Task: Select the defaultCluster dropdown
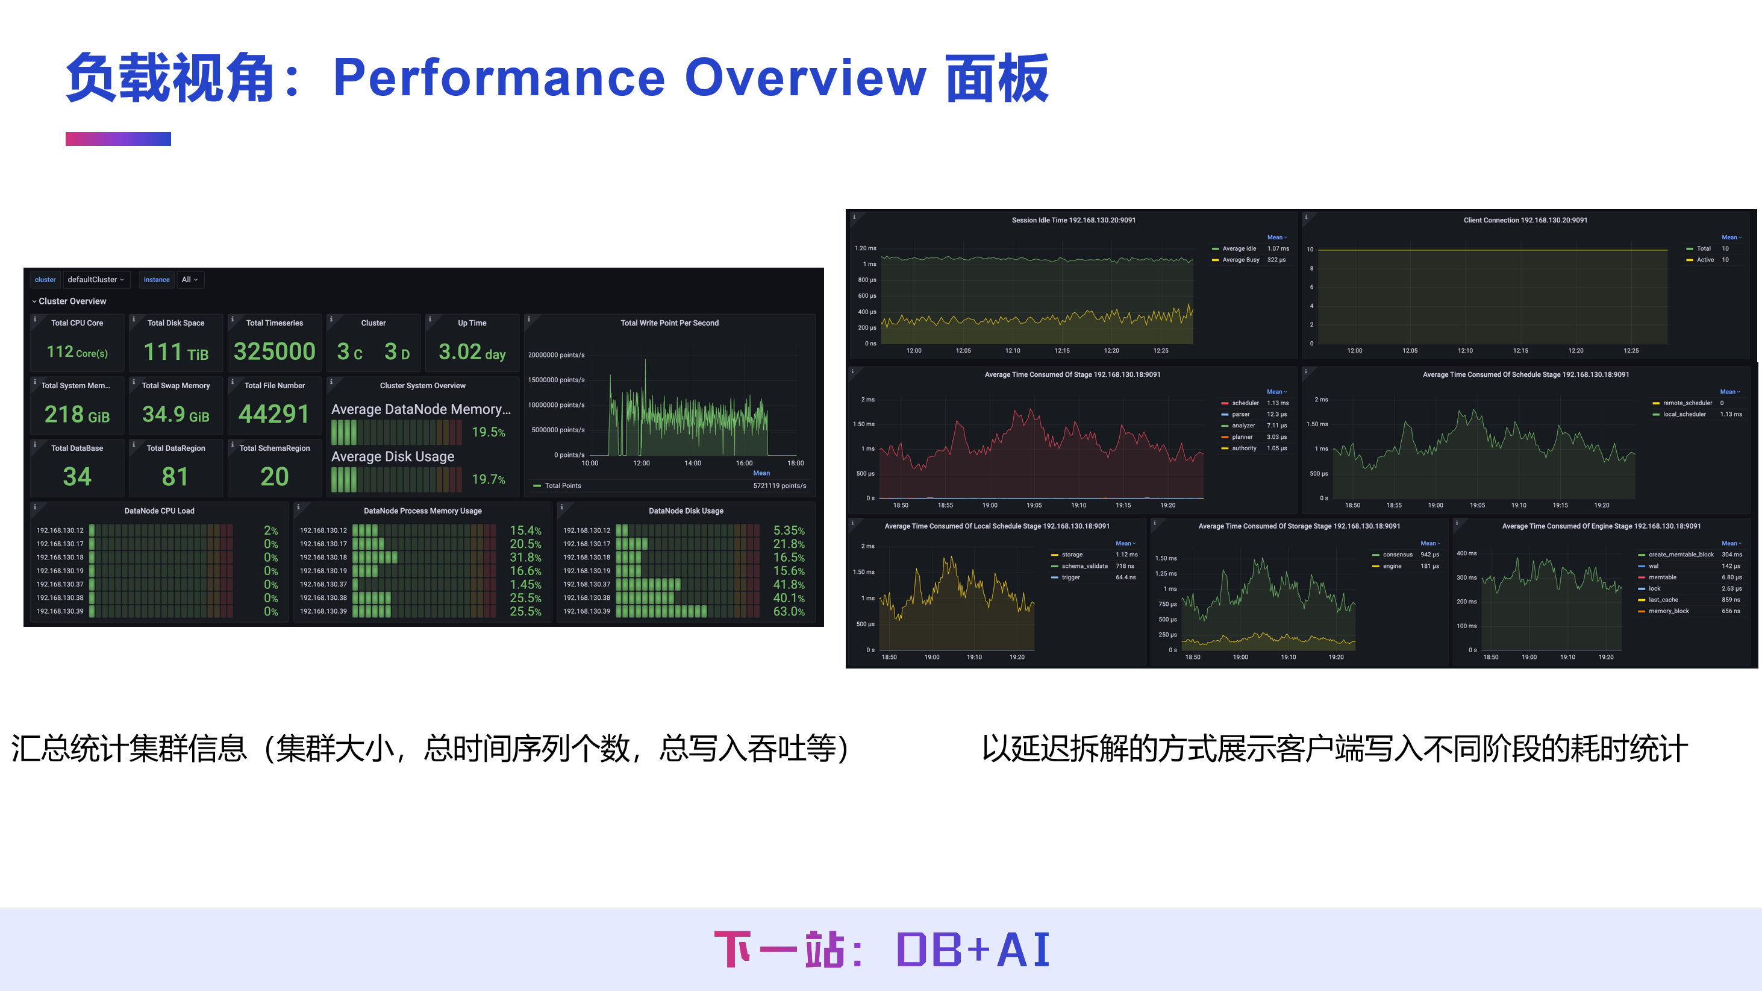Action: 96,279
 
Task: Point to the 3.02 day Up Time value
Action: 472,352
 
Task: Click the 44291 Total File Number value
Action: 273,414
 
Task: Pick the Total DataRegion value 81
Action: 175,476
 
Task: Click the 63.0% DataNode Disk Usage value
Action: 788,611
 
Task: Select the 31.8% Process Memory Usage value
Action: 525,557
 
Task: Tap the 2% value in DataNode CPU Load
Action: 271,530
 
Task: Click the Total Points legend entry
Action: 562,485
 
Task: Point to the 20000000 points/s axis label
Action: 556,354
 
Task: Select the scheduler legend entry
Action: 1245,403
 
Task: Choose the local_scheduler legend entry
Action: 1684,414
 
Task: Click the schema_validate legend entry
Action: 1084,566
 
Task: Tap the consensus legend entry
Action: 1397,555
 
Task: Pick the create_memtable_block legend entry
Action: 1681,555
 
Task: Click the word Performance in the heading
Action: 499,77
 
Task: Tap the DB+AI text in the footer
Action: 973,949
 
